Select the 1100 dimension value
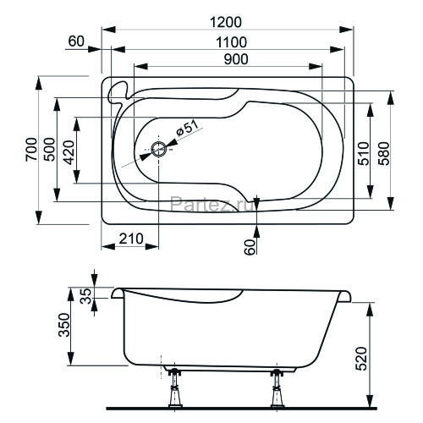point(230,42)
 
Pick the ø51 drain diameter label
point(189,128)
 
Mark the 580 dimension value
point(383,153)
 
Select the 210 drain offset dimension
point(130,239)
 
